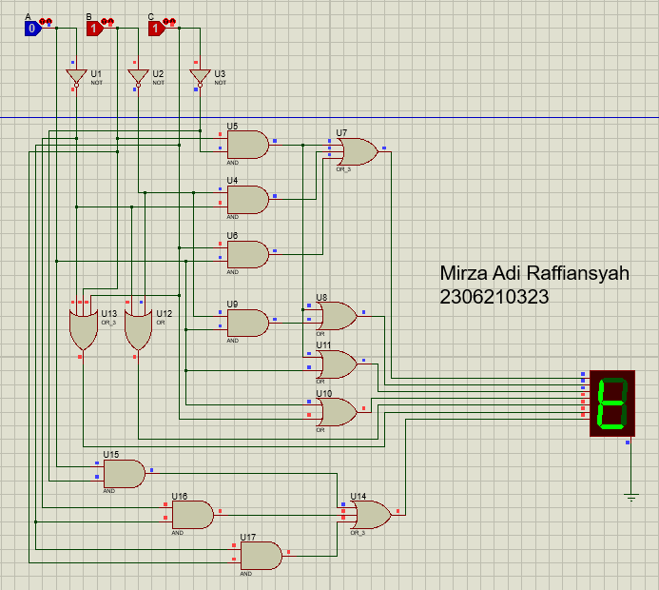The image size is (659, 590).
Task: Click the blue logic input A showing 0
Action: tap(32, 29)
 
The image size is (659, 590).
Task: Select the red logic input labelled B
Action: tap(94, 29)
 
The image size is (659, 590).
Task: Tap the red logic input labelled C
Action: tap(156, 29)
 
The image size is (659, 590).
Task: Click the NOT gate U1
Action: tap(76, 77)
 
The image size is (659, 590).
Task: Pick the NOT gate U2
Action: tap(138, 77)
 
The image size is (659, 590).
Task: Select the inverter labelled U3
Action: tap(200, 77)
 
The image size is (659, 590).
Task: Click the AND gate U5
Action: tap(247, 145)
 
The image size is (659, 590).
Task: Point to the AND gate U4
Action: tap(247, 199)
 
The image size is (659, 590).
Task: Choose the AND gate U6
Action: tap(247, 253)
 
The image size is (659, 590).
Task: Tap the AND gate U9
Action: tap(247, 323)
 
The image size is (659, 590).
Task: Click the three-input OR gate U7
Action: tap(357, 151)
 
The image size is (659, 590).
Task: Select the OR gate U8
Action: tap(338, 316)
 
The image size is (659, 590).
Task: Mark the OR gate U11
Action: tap(338, 364)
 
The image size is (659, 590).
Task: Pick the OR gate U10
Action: tap(338, 411)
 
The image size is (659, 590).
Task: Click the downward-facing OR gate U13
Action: tap(83, 329)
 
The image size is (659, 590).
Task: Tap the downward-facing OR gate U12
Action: tap(139, 329)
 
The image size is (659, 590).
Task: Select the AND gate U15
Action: tap(125, 473)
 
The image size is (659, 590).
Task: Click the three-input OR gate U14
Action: tap(370, 516)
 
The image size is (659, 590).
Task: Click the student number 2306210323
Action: tap(494, 297)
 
